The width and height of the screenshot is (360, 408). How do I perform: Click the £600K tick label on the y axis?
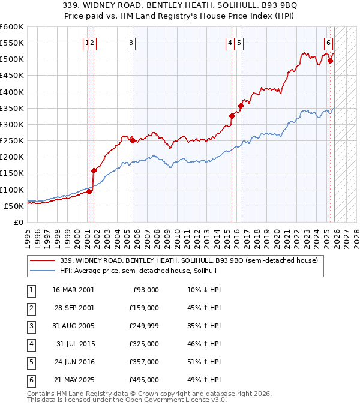tap(11, 27)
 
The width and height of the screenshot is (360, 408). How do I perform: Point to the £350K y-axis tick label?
tap(11, 109)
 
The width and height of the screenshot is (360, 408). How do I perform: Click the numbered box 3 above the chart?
tap(131, 43)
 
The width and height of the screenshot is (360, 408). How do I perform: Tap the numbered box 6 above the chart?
tap(329, 43)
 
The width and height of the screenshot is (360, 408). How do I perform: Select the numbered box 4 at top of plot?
tap(230, 43)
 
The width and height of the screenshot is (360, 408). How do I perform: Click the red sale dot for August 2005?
tap(133, 141)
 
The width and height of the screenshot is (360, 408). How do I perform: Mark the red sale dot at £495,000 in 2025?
tap(330, 61)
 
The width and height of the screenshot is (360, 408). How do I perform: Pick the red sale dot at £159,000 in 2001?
tap(94, 170)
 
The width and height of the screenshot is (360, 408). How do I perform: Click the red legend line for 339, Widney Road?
tap(43, 260)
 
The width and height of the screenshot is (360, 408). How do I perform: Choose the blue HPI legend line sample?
tap(43, 271)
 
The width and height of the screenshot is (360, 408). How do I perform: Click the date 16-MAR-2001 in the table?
tap(73, 290)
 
